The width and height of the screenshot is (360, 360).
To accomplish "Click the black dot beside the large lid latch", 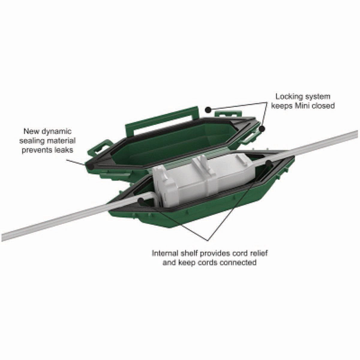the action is pyautogui.click(x=208, y=110).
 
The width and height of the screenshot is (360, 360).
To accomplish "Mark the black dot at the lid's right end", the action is pyautogui.click(x=262, y=129).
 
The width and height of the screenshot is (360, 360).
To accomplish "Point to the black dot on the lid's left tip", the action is pyautogui.click(x=91, y=166).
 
